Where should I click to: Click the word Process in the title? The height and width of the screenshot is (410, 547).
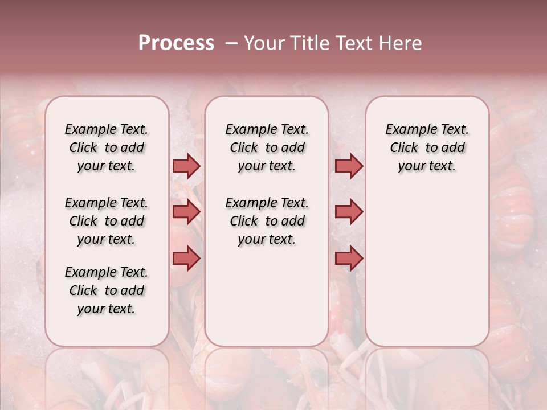pos(175,43)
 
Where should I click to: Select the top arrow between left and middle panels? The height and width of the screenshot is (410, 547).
pos(186,166)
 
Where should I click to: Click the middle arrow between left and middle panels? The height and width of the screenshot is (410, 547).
pos(186,212)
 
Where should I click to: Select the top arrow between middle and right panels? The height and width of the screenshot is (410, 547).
pos(349,166)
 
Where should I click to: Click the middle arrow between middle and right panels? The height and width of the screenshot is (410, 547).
pos(349,212)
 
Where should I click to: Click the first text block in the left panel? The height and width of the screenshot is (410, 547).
pos(107,147)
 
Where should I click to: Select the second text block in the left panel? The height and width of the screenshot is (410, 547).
pos(107,221)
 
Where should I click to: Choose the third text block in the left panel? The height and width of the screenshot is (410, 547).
pos(107,290)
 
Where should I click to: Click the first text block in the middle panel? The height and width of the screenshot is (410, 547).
pos(267,147)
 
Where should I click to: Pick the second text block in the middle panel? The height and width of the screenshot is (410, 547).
pos(267,221)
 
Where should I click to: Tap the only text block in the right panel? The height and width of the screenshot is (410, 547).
pos(427,147)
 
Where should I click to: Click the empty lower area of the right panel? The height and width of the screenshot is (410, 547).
pos(427,268)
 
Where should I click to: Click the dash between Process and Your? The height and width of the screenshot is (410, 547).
pos(231,43)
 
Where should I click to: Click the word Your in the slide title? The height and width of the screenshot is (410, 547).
pos(264,43)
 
